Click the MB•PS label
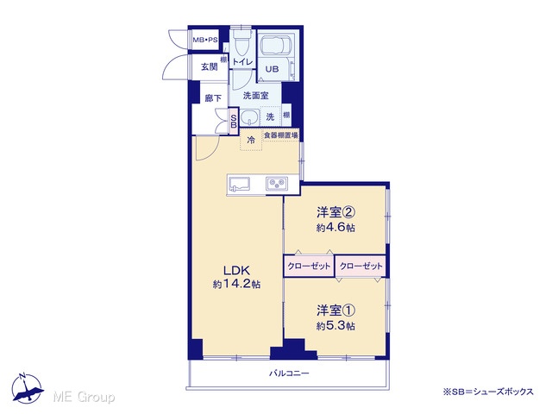coord(205,41)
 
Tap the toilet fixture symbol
coord(241,41)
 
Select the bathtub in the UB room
coord(273,44)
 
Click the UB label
coord(272,69)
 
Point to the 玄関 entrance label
coord(210,66)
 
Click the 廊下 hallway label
coord(213,97)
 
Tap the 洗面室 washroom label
coord(256,96)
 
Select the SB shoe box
coord(234,121)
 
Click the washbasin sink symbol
coord(249,117)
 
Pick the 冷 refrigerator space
coord(251,140)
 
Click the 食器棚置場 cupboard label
coord(281,135)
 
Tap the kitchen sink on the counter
coord(240,184)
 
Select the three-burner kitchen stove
coord(277,184)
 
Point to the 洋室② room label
coord(336,212)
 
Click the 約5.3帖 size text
coord(336,326)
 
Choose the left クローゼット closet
coord(309,266)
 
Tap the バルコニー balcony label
coord(289,373)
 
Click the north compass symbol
coord(27,388)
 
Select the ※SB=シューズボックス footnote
coord(488,392)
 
